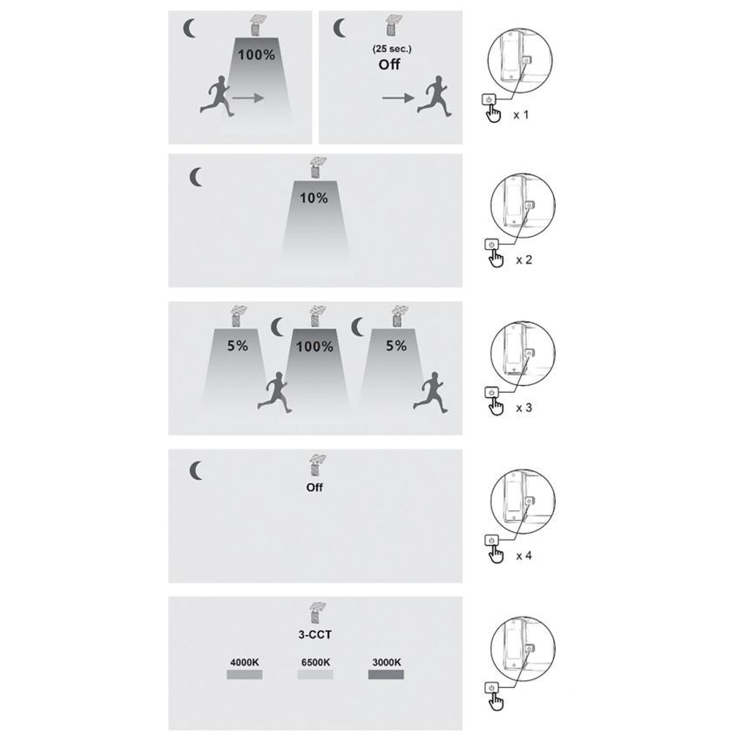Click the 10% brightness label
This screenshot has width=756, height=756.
314,199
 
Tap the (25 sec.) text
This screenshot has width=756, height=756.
392,49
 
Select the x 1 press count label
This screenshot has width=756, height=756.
521,115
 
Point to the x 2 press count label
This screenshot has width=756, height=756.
524,260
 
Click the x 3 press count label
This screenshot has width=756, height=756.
524,408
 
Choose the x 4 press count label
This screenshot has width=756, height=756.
524,556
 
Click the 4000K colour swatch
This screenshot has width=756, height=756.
245,674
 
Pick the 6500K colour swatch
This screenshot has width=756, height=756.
315,674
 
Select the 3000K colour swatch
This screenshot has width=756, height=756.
386,674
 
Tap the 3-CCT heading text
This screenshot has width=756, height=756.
314,634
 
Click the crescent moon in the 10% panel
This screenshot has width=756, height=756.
196,178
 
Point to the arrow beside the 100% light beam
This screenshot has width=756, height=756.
248,98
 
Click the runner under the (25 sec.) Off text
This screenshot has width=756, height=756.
435,96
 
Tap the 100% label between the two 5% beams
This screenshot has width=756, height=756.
314,347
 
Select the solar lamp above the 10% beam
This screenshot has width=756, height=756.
317,167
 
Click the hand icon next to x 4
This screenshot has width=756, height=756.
496,555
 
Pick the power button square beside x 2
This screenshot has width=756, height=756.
491,245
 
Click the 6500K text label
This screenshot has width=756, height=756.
316,663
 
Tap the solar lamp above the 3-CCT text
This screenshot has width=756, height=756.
317,612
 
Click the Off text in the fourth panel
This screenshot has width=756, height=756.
314,488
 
